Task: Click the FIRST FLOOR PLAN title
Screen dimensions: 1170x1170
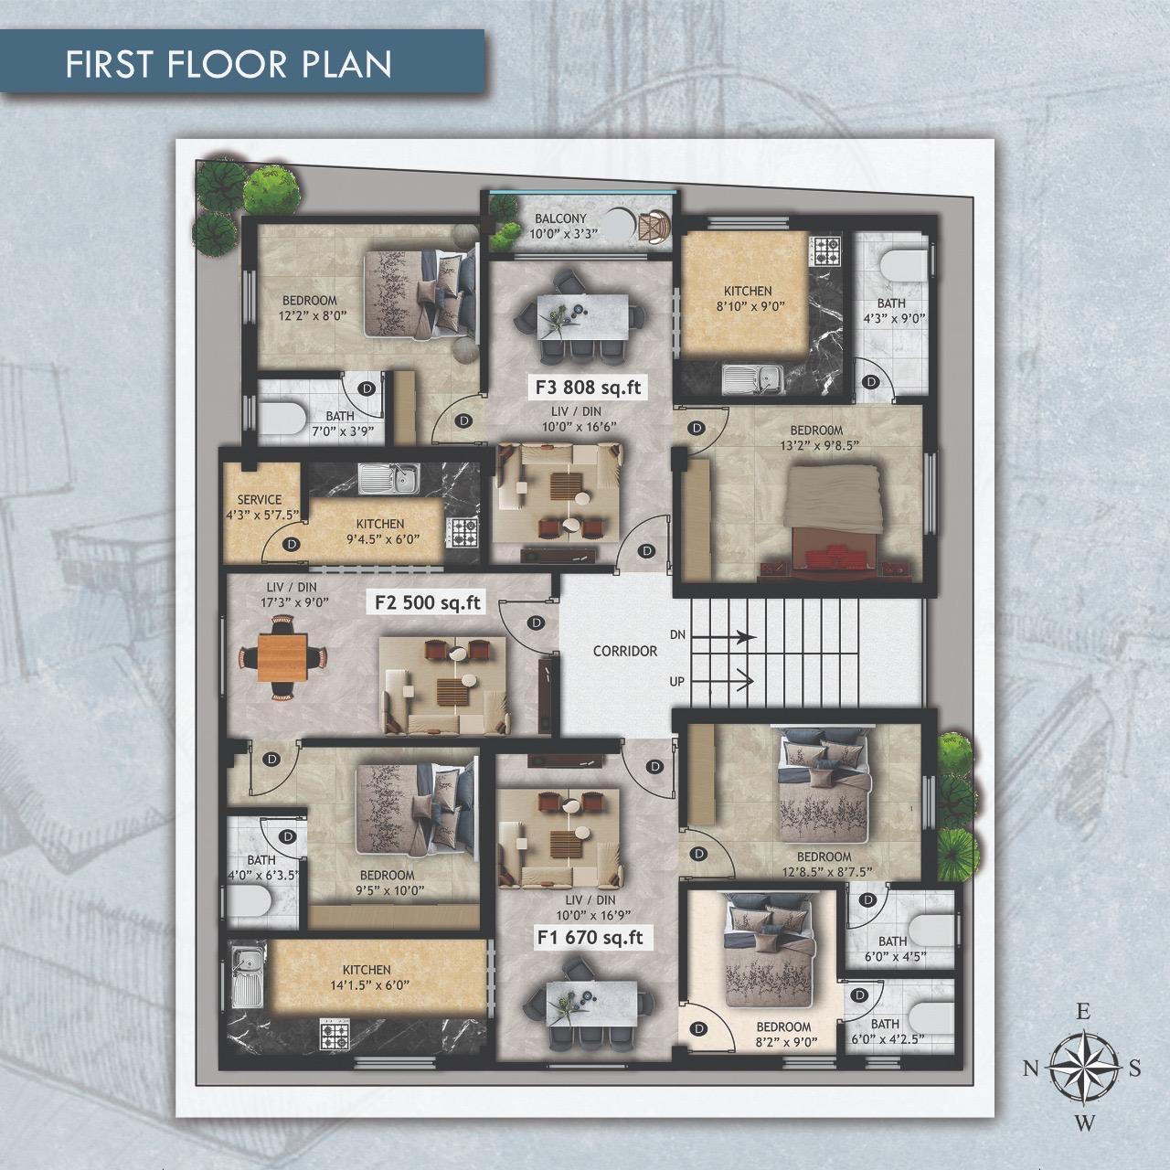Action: (229, 64)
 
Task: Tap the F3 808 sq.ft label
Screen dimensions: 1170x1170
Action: (588, 386)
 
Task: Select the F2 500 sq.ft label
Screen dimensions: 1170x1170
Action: (428, 601)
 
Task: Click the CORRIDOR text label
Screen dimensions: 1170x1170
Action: (625, 651)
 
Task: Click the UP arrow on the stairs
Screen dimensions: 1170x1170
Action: (722, 681)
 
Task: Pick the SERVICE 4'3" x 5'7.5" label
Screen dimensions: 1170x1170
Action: (261, 506)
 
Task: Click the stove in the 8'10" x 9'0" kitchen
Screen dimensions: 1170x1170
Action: (826, 250)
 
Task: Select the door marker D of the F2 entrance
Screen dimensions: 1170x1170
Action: (536, 623)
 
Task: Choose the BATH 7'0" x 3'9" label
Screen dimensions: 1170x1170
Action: (340, 423)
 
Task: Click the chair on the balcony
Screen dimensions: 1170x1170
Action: (654, 227)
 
